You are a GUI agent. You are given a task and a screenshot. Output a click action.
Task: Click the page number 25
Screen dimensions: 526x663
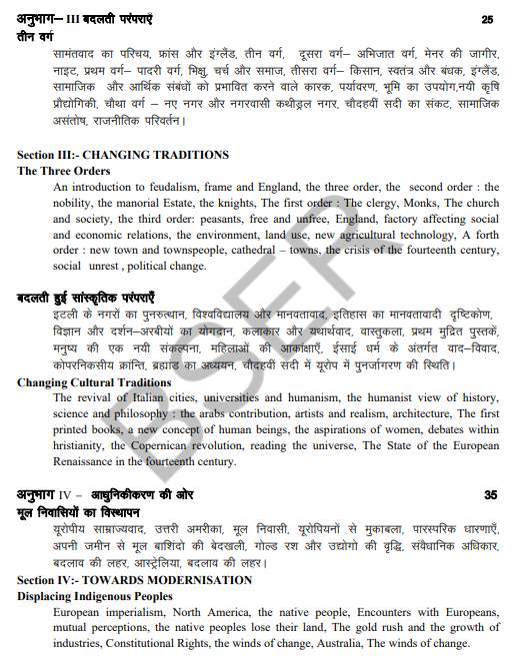pyautogui.click(x=487, y=19)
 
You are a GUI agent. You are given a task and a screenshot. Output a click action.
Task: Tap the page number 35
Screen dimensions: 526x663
pyautogui.click(x=490, y=494)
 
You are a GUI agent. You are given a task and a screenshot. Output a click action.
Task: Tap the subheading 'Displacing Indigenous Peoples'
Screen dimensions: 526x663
pyautogui.click(x=95, y=596)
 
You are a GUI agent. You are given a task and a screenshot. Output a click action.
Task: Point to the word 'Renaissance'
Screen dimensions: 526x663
pyautogui.click(x=91, y=462)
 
